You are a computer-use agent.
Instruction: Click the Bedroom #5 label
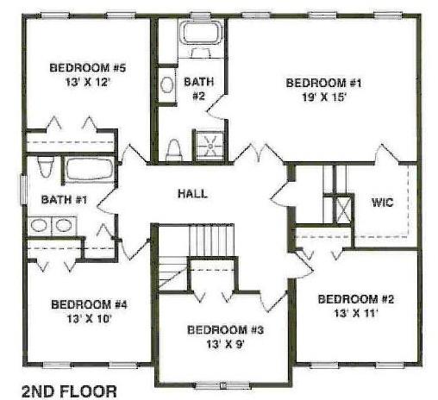tap(88, 68)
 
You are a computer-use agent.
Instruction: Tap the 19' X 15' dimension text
tap(323, 97)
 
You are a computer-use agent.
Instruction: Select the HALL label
tap(192, 193)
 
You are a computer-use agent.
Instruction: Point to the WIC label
tap(383, 203)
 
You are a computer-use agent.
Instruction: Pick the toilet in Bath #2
tap(174, 150)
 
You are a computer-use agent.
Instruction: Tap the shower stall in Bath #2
tap(210, 146)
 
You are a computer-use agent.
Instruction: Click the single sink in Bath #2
tap(166, 84)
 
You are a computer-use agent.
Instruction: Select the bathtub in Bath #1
tap(90, 169)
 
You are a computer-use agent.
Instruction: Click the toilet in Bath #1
tap(46, 166)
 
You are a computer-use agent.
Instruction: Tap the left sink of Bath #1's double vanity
tap(39, 225)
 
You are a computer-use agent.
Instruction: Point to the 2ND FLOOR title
tap(69, 391)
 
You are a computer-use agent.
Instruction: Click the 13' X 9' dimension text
tap(225, 344)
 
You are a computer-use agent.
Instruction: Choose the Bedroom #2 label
tap(356, 299)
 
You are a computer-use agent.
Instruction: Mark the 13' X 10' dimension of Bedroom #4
tap(89, 319)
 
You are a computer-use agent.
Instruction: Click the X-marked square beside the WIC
tap(343, 209)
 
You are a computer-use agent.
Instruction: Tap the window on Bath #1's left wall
tap(23, 190)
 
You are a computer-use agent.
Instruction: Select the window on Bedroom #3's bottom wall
tap(223, 385)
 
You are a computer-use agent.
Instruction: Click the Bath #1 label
tap(64, 199)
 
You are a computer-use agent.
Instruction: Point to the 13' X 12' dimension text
tap(88, 83)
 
